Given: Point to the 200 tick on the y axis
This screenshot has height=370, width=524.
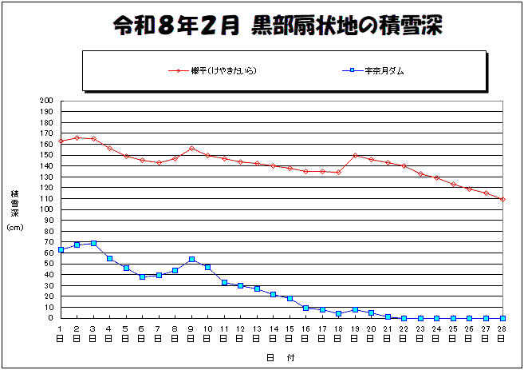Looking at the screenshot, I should (45, 101).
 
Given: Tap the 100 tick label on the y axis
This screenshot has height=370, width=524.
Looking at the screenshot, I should (45, 209).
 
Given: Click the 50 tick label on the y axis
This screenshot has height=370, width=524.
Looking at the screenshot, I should (47, 264).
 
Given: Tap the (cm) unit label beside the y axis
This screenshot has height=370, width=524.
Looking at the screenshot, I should (15, 228).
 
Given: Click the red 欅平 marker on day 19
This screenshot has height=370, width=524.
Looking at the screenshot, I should (355, 156).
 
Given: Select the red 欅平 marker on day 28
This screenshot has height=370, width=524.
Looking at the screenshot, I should (502, 199).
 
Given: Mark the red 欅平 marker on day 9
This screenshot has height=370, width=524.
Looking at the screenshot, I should (191, 149).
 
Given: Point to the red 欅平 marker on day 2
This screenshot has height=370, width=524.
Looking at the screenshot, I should (77, 137).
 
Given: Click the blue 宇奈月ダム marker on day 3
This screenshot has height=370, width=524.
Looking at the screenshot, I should (93, 243).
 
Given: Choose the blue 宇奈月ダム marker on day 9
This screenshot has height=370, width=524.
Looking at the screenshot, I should (191, 259).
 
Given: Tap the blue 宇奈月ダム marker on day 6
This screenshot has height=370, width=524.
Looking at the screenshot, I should (142, 277).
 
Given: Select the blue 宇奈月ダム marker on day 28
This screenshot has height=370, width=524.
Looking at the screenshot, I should (502, 318).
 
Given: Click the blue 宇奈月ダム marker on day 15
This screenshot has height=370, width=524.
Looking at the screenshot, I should (290, 298).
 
